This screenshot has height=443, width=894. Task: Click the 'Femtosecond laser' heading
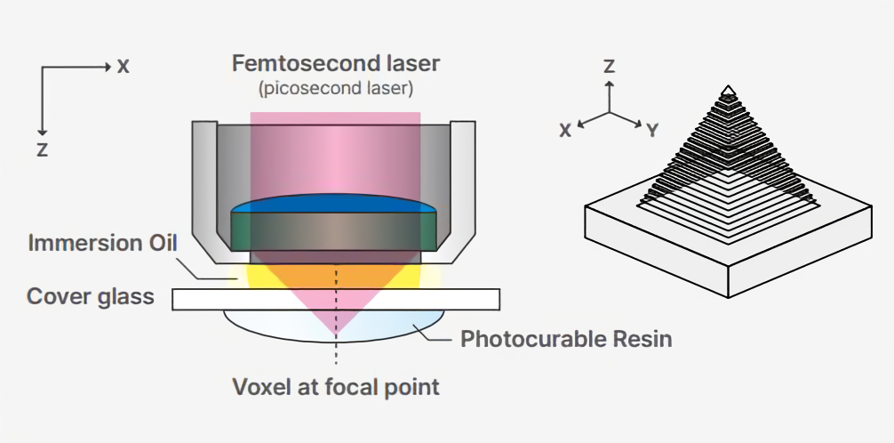[335, 64]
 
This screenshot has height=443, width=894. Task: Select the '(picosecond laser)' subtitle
[335, 89]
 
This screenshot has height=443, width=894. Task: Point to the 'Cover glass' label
[91, 297]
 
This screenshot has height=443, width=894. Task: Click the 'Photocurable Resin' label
[566, 339]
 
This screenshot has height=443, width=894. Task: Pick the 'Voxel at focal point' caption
[335, 387]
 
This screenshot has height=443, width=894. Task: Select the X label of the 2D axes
[123, 66]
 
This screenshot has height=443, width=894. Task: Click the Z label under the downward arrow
[42, 149]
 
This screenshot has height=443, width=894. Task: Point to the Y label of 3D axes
[652, 131]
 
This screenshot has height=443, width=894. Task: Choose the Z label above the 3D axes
[609, 66]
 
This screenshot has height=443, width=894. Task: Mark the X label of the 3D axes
[565, 130]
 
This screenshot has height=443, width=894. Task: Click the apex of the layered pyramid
[728, 88]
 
